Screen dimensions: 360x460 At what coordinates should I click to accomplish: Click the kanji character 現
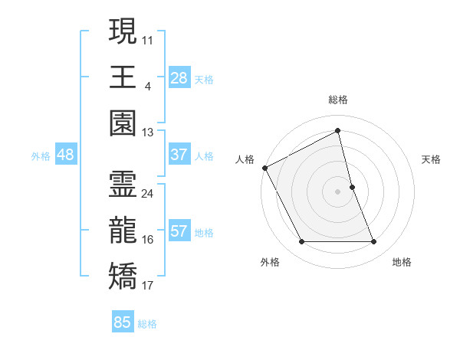click(x=123, y=33)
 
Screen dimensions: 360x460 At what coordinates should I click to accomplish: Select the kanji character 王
click(x=123, y=77)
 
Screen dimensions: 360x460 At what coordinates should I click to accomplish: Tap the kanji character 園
click(x=123, y=123)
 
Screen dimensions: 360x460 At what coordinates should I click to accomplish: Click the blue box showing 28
click(x=179, y=77)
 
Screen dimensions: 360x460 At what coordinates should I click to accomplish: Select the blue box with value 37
click(x=179, y=155)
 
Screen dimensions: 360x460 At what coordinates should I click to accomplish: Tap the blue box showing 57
click(x=179, y=232)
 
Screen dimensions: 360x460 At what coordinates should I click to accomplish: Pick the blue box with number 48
click(x=65, y=155)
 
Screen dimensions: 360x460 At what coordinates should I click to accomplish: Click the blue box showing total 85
click(x=123, y=322)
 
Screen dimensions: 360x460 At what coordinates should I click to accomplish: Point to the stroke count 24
click(x=148, y=193)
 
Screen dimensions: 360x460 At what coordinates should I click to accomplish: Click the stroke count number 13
click(x=148, y=132)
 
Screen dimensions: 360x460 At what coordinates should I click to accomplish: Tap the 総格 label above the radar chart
click(x=338, y=100)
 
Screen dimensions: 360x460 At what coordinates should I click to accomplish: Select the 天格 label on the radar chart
click(x=432, y=159)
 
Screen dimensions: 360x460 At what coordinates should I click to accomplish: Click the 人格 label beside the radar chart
click(x=245, y=159)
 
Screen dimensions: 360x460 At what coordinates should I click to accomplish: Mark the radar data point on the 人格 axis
click(x=264, y=167)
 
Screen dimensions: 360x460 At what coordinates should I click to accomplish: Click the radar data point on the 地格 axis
click(x=374, y=242)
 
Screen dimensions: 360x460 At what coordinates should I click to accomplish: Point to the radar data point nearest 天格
click(x=352, y=186)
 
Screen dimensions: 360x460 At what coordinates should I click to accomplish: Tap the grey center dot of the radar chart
click(x=338, y=191)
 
